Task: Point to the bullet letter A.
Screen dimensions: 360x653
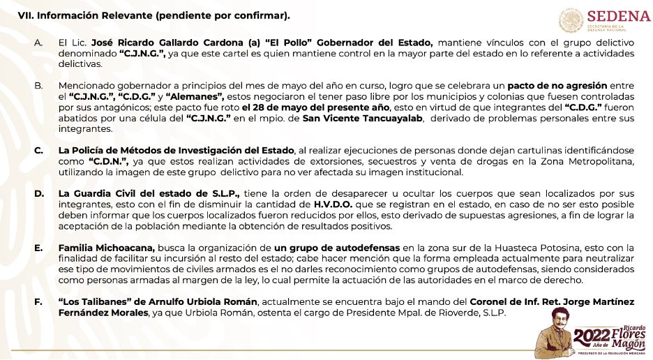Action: coord(39,43)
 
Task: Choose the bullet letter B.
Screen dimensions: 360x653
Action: coord(39,84)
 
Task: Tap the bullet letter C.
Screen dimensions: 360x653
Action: coord(39,150)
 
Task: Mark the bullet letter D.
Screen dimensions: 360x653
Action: coord(39,193)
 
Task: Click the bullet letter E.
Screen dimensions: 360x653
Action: coord(39,247)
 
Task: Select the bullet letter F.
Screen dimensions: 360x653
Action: coord(39,301)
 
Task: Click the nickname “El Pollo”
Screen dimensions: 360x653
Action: coord(249,43)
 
